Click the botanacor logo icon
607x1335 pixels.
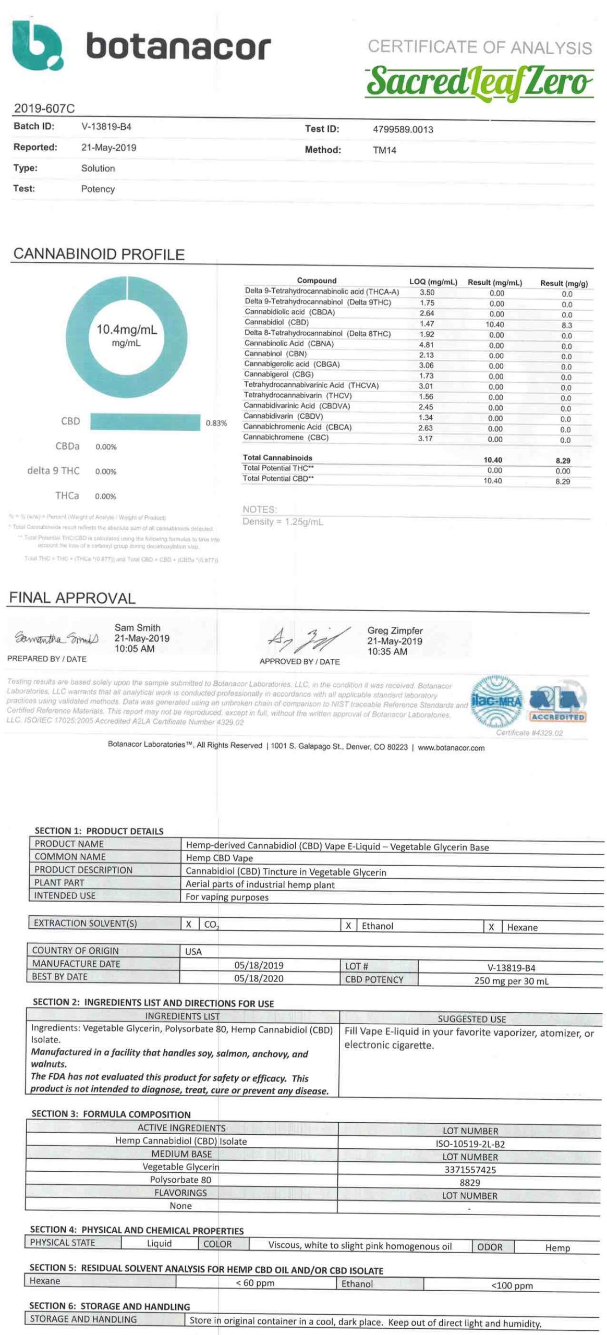(37, 45)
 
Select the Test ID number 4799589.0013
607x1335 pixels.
(403, 129)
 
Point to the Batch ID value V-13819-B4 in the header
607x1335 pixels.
(106, 126)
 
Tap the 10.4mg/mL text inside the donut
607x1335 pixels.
(126, 330)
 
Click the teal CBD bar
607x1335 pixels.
(145, 422)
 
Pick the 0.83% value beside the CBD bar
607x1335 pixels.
(216, 423)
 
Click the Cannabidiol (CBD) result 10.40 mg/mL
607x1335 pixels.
(494, 324)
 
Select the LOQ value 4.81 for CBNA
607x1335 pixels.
(426, 345)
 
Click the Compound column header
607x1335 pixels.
(317, 281)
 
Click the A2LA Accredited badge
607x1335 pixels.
(557, 703)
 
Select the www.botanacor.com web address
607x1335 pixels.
(451, 747)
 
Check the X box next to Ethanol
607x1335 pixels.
(348, 926)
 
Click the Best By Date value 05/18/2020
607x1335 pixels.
(259, 978)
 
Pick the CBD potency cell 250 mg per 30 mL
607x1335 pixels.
(511, 980)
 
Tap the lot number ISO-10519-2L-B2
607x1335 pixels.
(470, 1144)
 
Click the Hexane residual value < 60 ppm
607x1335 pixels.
(255, 1283)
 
